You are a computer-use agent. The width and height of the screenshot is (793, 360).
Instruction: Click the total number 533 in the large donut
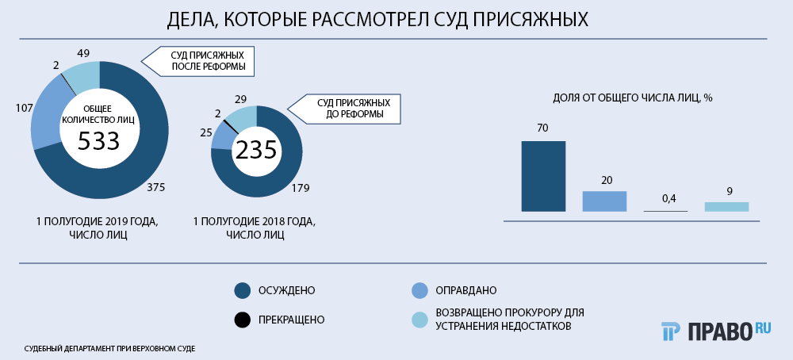98,142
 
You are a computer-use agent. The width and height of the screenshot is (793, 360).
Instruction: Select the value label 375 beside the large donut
155,187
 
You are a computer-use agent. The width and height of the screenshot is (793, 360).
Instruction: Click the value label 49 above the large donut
83,53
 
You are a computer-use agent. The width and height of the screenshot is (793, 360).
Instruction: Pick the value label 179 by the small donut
300,188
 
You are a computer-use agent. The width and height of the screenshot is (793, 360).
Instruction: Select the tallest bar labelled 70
543,176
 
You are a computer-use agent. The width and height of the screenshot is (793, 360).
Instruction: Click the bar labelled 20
604,201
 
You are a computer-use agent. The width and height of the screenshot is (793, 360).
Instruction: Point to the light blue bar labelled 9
726,207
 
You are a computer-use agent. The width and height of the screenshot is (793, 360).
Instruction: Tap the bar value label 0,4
665,199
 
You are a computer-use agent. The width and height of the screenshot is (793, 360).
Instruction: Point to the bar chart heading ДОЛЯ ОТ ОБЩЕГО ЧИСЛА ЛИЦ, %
633,98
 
